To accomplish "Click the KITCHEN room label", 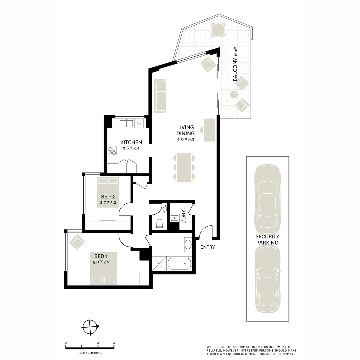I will [131, 142].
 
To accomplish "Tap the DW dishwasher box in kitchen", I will [139, 124].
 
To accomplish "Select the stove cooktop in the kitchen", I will [112, 151].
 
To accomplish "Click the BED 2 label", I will [108, 197].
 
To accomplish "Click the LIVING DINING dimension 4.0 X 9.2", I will [186, 139].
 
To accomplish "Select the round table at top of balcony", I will [218, 29].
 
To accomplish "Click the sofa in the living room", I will [160, 96].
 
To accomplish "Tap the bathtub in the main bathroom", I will [179, 264].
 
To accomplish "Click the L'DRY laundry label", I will [183, 216].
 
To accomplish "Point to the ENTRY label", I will [208, 247].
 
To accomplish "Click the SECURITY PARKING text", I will [267, 240].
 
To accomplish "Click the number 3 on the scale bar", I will [114, 343].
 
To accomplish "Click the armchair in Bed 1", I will [77, 241].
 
